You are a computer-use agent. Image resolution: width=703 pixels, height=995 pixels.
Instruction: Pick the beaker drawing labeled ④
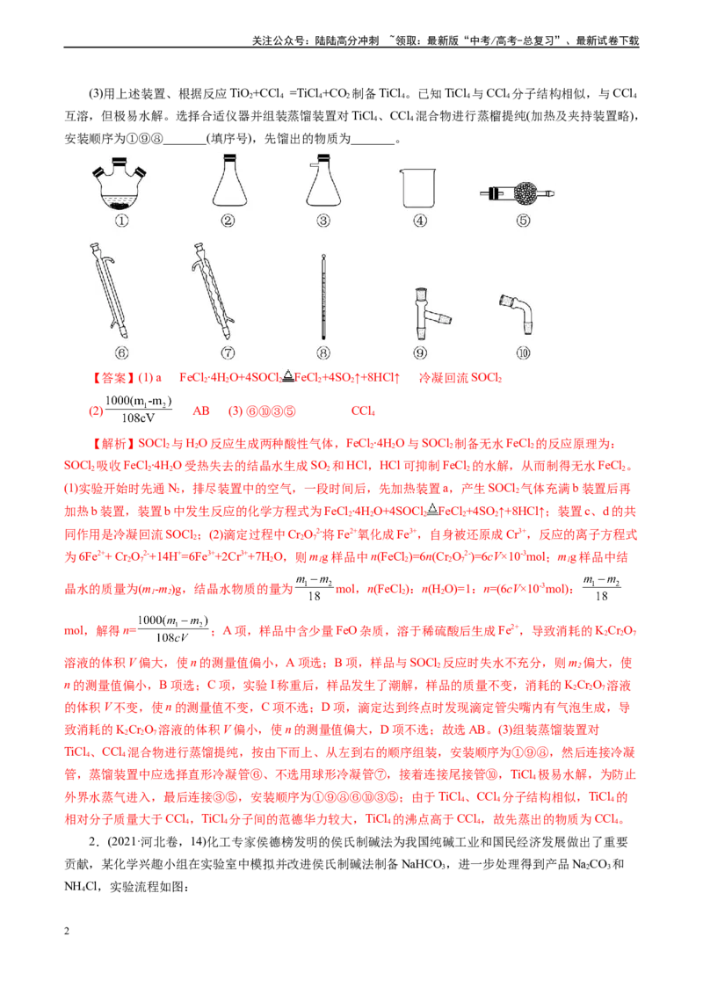pos(419,188)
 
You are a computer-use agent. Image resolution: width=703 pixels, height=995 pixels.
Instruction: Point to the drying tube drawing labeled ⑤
pos(517,192)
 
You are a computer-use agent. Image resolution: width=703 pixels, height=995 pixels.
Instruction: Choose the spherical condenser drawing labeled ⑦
pos(214,291)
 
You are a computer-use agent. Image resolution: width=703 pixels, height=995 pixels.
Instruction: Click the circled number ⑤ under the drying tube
pos(523,221)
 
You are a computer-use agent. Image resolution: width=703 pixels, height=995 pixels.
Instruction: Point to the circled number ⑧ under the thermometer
pos(323,352)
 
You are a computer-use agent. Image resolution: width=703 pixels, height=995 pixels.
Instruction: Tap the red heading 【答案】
pos(112,378)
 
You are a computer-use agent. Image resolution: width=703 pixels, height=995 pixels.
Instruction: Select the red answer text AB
pos(201,411)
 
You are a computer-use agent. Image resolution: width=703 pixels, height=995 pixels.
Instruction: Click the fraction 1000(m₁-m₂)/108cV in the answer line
pos(138,410)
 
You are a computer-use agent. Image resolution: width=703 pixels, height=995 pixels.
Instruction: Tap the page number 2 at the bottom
pos(67,931)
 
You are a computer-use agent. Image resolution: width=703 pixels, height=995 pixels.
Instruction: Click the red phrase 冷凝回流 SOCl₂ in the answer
pos(460,378)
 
